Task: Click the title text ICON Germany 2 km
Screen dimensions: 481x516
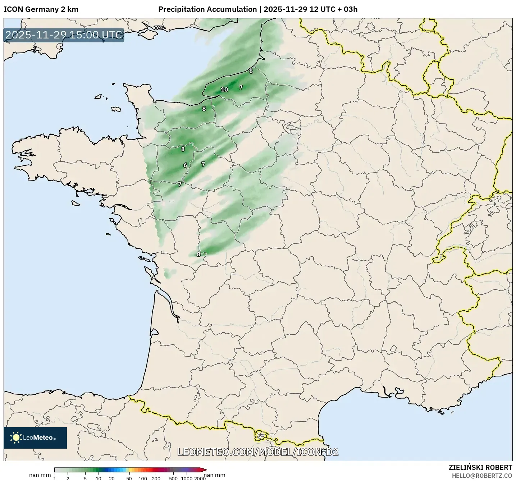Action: [41, 9]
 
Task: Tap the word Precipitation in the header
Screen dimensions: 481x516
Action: [181, 9]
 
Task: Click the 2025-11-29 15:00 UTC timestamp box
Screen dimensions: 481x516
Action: [64, 35]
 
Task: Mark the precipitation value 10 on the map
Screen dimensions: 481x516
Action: [224, 90]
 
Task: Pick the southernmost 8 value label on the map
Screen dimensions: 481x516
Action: [198, 254]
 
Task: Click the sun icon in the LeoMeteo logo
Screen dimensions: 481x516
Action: [16, 438]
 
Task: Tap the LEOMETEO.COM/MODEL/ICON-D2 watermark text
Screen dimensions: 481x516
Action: [258, 452]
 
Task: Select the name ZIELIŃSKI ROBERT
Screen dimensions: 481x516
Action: [480, 467]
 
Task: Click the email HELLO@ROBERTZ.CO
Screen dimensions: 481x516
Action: [482, 476]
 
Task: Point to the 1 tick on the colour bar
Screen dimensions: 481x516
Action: [55, 478]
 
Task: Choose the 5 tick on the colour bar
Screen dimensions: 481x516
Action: [85, 478]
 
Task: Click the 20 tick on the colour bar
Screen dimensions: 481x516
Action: [112, 478]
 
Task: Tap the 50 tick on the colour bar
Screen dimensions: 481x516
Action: [129, 478]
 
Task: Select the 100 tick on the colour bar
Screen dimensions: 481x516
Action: [143, 478]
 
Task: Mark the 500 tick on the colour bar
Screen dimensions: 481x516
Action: [173, 478]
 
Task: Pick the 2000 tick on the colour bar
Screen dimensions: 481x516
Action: [200, 478]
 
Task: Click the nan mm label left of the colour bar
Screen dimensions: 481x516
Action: [40, 475]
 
